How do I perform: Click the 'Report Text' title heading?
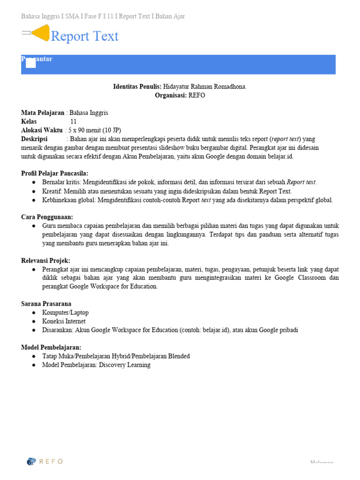click(84, 37)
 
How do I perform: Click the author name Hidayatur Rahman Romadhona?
click(205, 87)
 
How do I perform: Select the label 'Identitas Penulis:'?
click(137, 87)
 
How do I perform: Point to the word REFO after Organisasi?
click(197, 95)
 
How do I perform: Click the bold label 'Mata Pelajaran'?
click(43, 113)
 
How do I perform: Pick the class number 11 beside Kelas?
click(74, 121)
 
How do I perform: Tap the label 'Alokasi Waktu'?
click(42, 130)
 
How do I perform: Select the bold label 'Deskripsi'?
click(34, 139)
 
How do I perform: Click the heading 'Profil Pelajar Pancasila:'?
click(55, 173)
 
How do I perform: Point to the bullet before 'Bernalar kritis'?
click(34, 182)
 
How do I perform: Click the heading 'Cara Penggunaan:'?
click(47, 217)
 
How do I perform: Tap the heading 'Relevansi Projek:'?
click(45, 261)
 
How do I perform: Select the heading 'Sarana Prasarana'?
click(46, 304)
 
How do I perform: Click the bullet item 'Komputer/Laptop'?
click(65, 313)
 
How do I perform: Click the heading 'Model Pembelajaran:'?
click(51, 347)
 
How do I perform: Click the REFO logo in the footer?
click(45, 461)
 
